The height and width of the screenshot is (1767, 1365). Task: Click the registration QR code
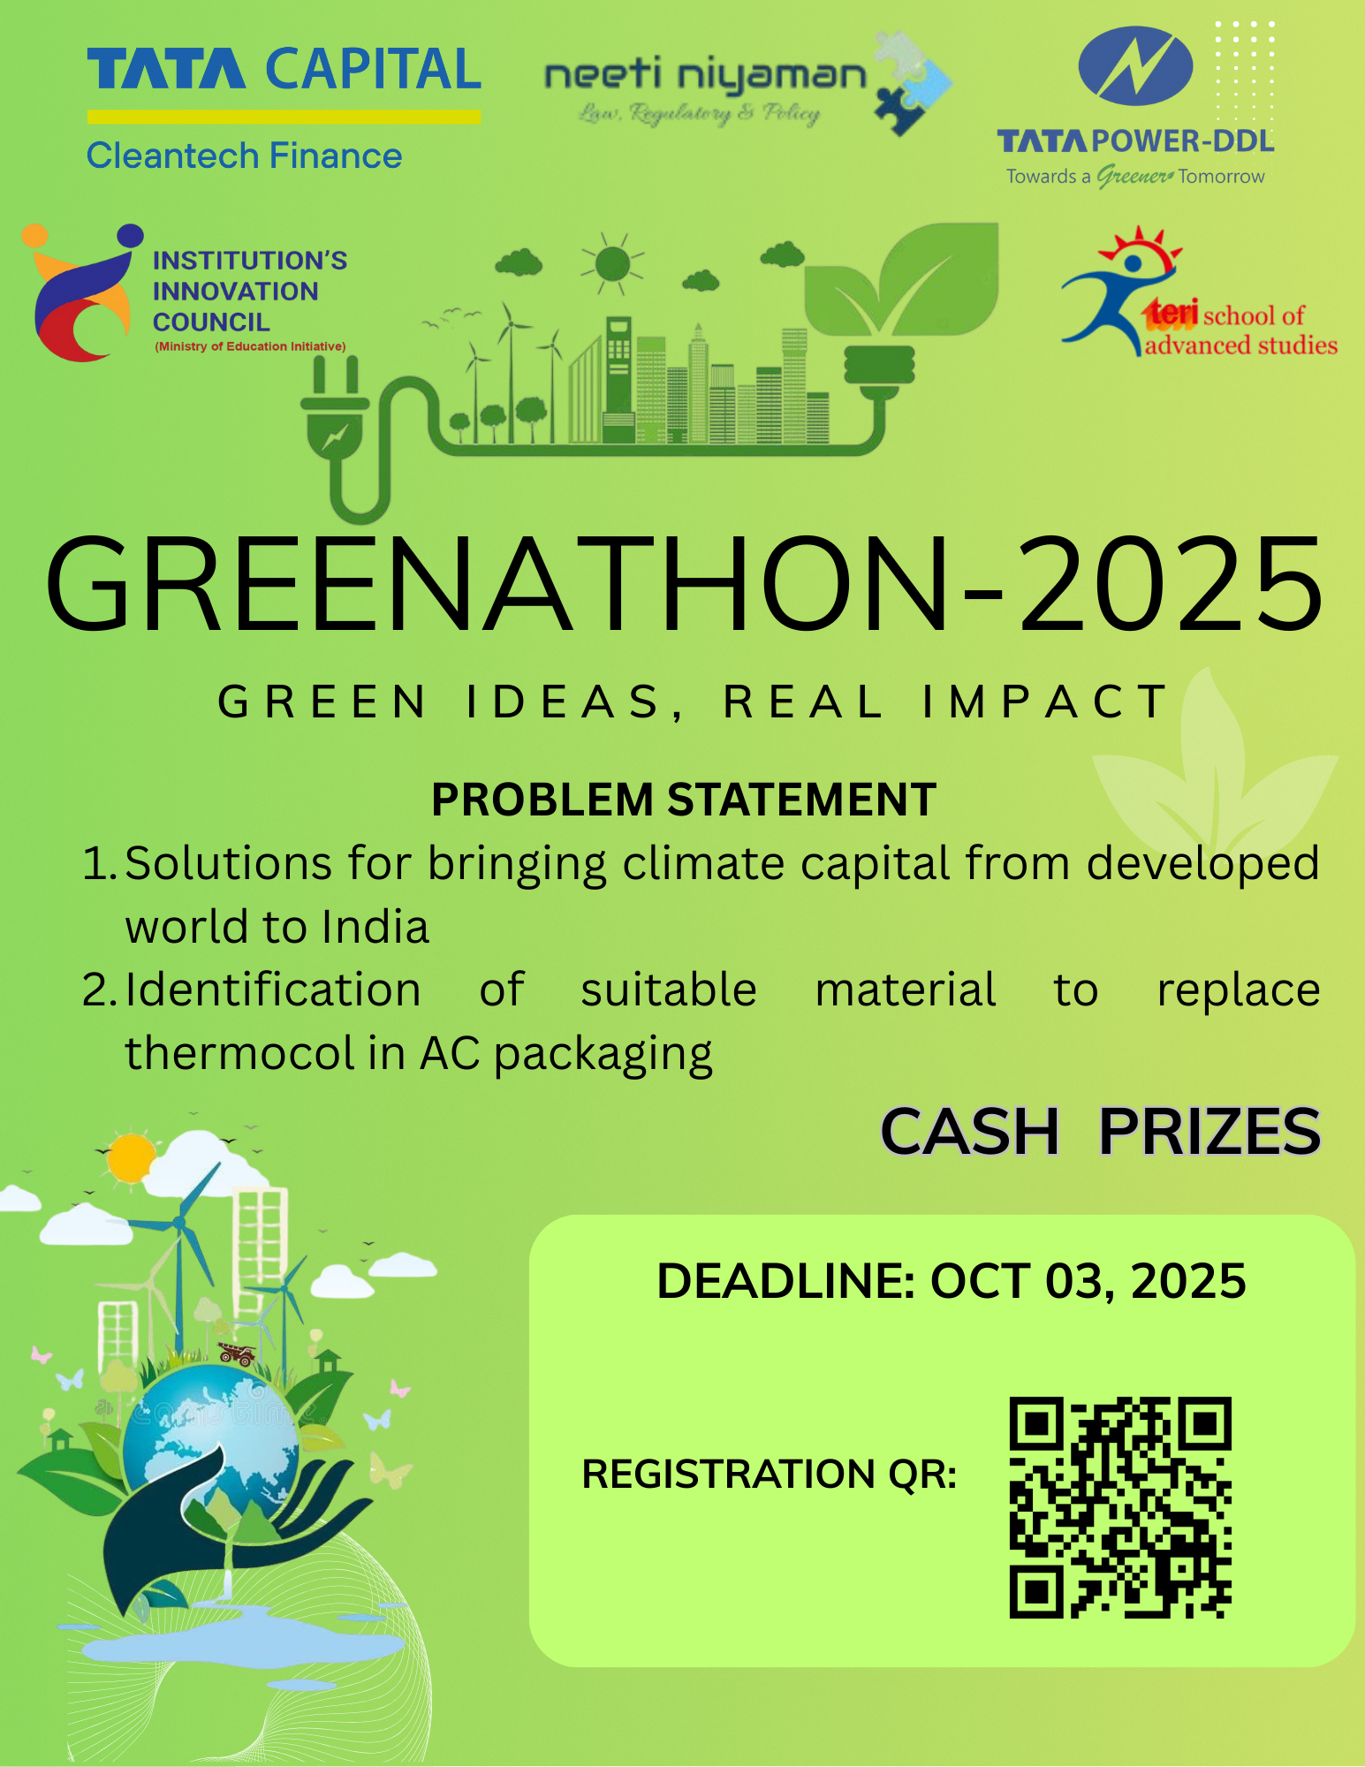tap(1120, 1507)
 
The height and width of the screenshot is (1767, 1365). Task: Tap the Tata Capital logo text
tap(284, 70)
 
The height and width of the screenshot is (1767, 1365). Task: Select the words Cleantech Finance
tap(244, 156)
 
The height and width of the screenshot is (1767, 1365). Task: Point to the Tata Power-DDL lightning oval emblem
tap(1135, 66)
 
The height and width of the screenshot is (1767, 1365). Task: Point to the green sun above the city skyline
tap(612, 263)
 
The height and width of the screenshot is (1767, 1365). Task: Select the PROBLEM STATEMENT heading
tap(684, 800)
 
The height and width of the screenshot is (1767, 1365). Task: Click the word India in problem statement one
tap(375, 927)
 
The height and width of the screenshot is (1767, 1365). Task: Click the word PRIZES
tap(1210, 1132)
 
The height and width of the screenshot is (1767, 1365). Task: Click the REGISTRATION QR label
tap(770, 1475)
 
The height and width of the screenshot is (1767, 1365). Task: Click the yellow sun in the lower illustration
tap(132, 1157)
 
